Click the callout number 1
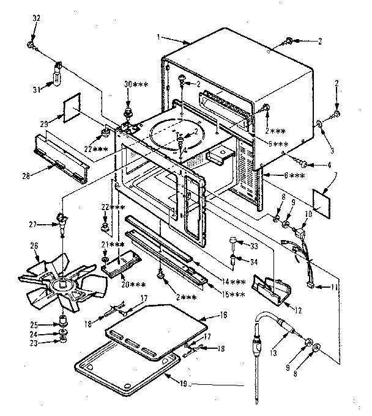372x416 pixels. [x=158, y=37]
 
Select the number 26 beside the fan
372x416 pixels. [x=34, y=246]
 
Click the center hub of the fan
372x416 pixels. [x=64, y=285]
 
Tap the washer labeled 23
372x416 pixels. [x=64, y=343]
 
